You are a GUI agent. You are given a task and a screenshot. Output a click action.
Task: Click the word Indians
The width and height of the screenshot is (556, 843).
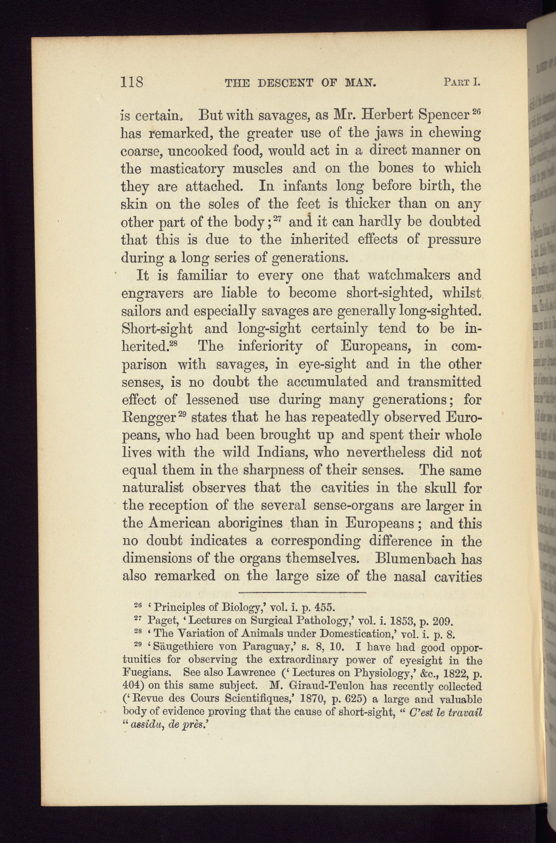pyautogui.click(x=269, y=453)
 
